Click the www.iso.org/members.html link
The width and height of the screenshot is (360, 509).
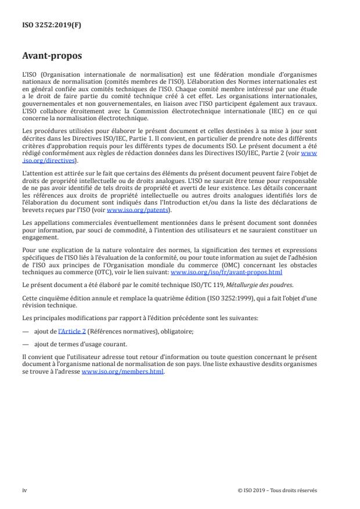(123, 372)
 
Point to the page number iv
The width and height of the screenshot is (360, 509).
(24, 490)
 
